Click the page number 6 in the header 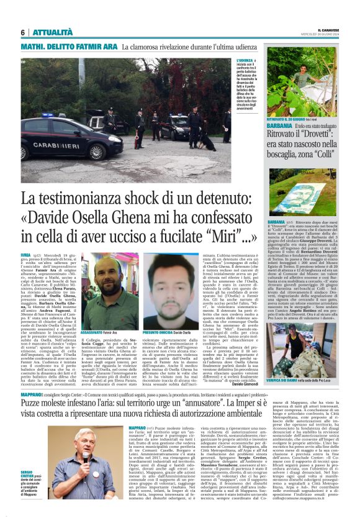[x=22, y=32]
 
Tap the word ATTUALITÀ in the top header [x=51, y=32]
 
